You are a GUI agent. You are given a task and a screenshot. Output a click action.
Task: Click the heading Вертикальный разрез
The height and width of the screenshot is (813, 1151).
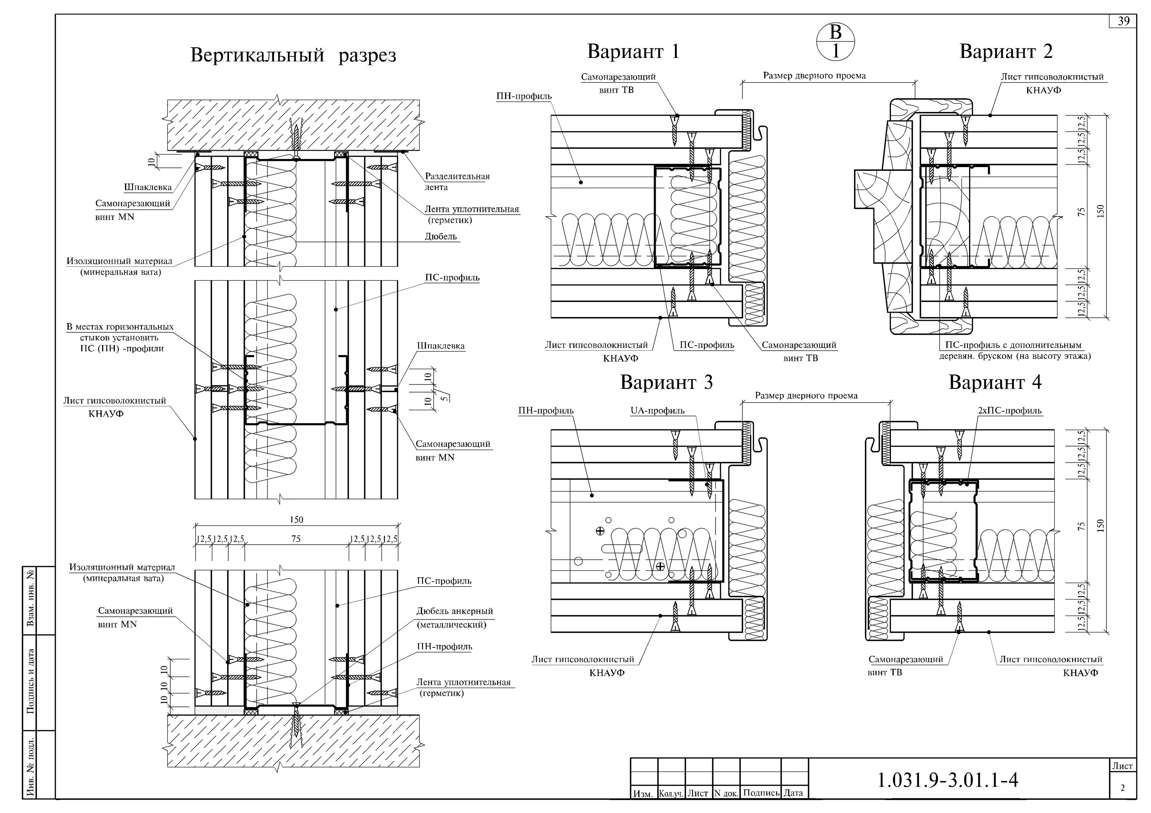coord(293,55)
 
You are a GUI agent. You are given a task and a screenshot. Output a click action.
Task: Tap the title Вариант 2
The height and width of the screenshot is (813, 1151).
coord(1006,52)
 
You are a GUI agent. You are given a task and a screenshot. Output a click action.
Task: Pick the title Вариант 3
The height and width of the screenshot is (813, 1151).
coord(666,382)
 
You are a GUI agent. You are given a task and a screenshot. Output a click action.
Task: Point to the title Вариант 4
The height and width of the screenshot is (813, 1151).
coord(995,382)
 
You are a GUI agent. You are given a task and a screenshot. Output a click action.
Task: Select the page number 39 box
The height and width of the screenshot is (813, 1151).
coord(1123,21)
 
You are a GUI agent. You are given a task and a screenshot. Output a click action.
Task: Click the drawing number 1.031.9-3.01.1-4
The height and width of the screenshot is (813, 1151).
coord(948,780)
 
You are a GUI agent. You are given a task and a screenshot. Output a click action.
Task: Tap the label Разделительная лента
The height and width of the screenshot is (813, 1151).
coord(457,181)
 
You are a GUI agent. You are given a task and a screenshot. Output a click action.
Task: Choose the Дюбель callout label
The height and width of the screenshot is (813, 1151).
coord(441,237)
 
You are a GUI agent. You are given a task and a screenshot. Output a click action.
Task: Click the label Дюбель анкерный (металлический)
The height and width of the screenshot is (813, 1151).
coord(454,618)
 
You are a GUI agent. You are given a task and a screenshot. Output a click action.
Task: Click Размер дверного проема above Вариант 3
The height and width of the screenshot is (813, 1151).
coord(806,396)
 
